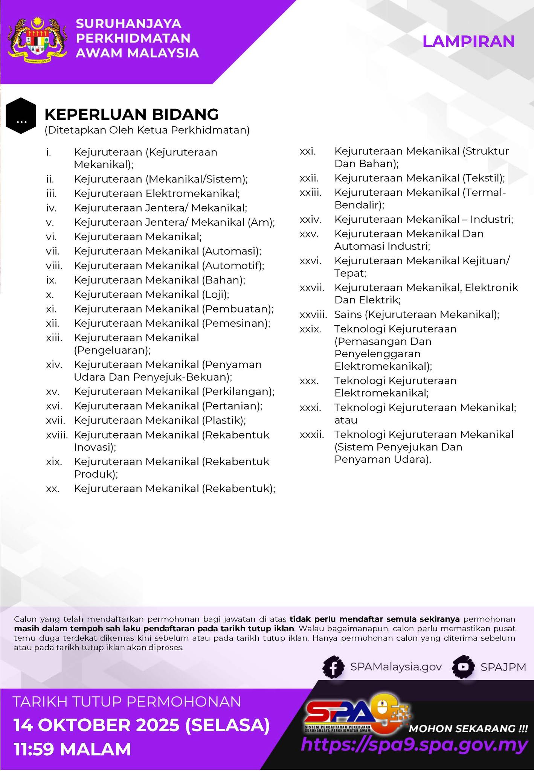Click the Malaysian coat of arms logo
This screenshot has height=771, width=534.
point(38,40)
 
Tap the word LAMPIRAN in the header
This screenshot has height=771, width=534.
point(468,41)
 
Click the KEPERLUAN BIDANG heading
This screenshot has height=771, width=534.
point(131,114)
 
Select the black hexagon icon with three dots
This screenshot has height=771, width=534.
point(21,116)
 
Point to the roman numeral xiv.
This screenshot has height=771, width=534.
point(54,364)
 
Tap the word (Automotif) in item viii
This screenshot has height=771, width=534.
point(233,266)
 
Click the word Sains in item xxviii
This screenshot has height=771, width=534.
point(348,314)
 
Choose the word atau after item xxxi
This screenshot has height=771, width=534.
point(346,420)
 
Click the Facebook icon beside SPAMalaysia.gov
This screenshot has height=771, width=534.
point(333,667)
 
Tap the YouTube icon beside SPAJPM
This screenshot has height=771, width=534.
point(464,667)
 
